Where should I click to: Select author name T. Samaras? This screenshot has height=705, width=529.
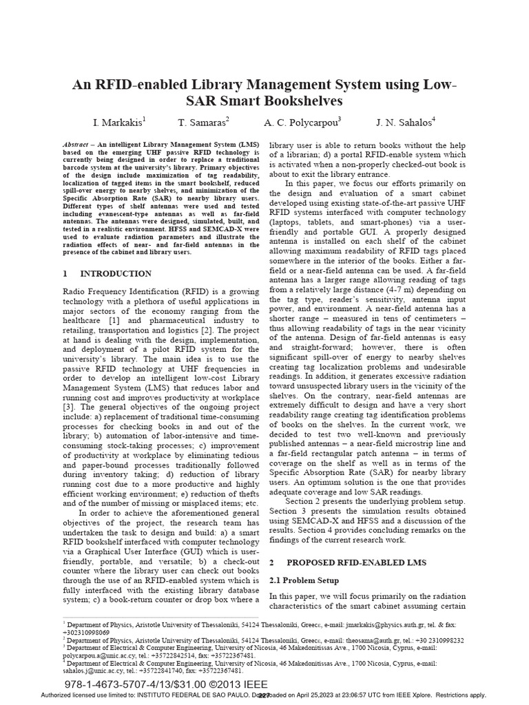pos(203,123)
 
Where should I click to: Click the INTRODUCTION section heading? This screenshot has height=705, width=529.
pos(116,273)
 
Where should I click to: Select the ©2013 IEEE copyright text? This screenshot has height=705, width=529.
pos(242,684)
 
